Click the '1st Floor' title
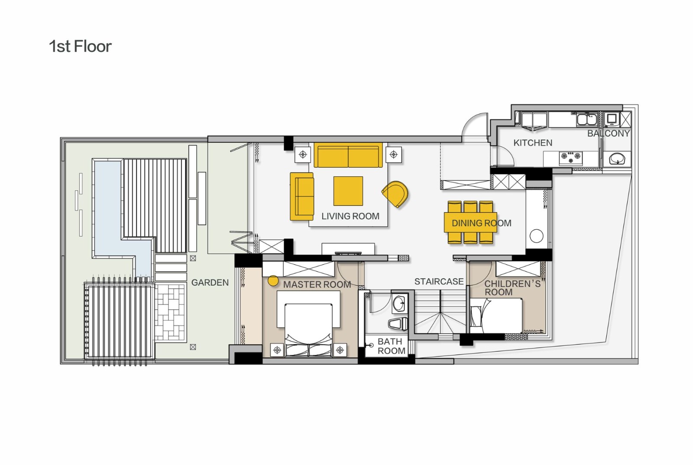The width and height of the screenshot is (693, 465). click(x=80, y=46)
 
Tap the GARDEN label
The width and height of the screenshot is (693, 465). click(x=210, y=283)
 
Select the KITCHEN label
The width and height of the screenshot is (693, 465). click(x=533, y=143)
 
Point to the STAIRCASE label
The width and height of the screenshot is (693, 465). click(x=439, y=281)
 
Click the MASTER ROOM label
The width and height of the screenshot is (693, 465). click(x=317, y=285)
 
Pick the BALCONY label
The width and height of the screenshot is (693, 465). click(x=609, y=133)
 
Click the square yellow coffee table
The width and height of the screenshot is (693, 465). click(x=348, y=191)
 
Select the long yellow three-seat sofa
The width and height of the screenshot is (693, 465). click(x=348, y=155)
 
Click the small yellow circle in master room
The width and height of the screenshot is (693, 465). click(x=273, y=281)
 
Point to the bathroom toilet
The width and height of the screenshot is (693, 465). click(x=398, y=324)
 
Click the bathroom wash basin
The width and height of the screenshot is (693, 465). click(x=399, y=304)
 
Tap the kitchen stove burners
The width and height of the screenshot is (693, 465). click(x=570, y=158)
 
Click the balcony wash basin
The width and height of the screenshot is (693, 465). click(x=617, y=159)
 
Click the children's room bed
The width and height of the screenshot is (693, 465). click(x=496, y=316)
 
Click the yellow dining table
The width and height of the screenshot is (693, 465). click(x=470, y=222)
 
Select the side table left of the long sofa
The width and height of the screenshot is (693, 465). click(x=303, y=154)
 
